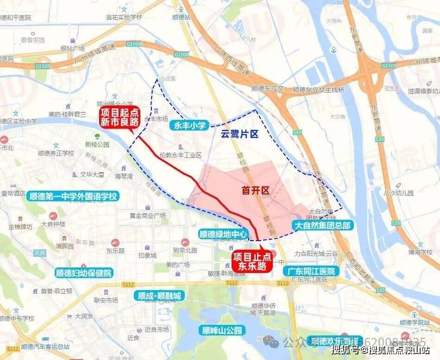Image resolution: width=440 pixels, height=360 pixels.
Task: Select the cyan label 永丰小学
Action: (x=189, y=125)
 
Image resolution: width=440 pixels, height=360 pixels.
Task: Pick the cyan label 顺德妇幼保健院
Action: (x=83, y=273)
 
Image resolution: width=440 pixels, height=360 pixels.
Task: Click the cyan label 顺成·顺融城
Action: (x=159, y=295)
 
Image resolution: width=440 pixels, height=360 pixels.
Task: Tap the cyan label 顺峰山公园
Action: (x=222, y=330)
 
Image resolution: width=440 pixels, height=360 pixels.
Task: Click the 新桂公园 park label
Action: (x=97, y=144)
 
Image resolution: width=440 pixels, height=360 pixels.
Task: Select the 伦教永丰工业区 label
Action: (x=180, y=155)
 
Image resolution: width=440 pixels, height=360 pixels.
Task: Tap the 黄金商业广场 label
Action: (x=148, y=215)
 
